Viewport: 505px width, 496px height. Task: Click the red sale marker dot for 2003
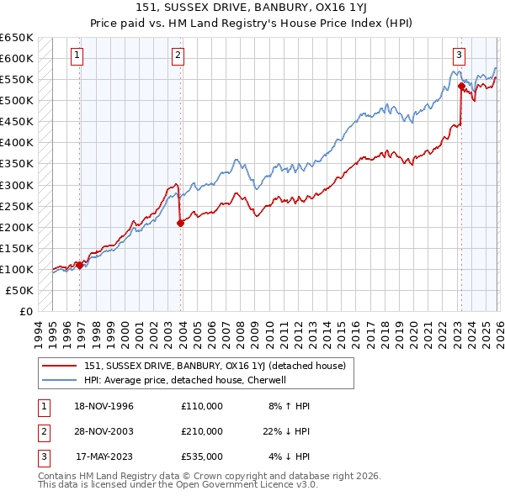(x=180, y=223)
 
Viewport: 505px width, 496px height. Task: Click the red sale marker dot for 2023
(x=461, y=86)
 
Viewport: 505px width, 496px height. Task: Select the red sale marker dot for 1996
(x=80, y=265)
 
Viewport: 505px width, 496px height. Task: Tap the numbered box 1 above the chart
(x=77, y=56)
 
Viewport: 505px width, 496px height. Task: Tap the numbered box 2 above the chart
(x=178, y=56)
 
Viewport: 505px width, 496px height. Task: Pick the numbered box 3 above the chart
(x=459, y=56)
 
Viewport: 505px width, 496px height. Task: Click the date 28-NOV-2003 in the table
(x=104, y=431)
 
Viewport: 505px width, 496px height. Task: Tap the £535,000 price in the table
(x=201, y=456)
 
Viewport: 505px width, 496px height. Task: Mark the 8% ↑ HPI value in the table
(x=290, y=406)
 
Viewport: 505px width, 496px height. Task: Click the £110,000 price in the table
(x=201, y=406)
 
